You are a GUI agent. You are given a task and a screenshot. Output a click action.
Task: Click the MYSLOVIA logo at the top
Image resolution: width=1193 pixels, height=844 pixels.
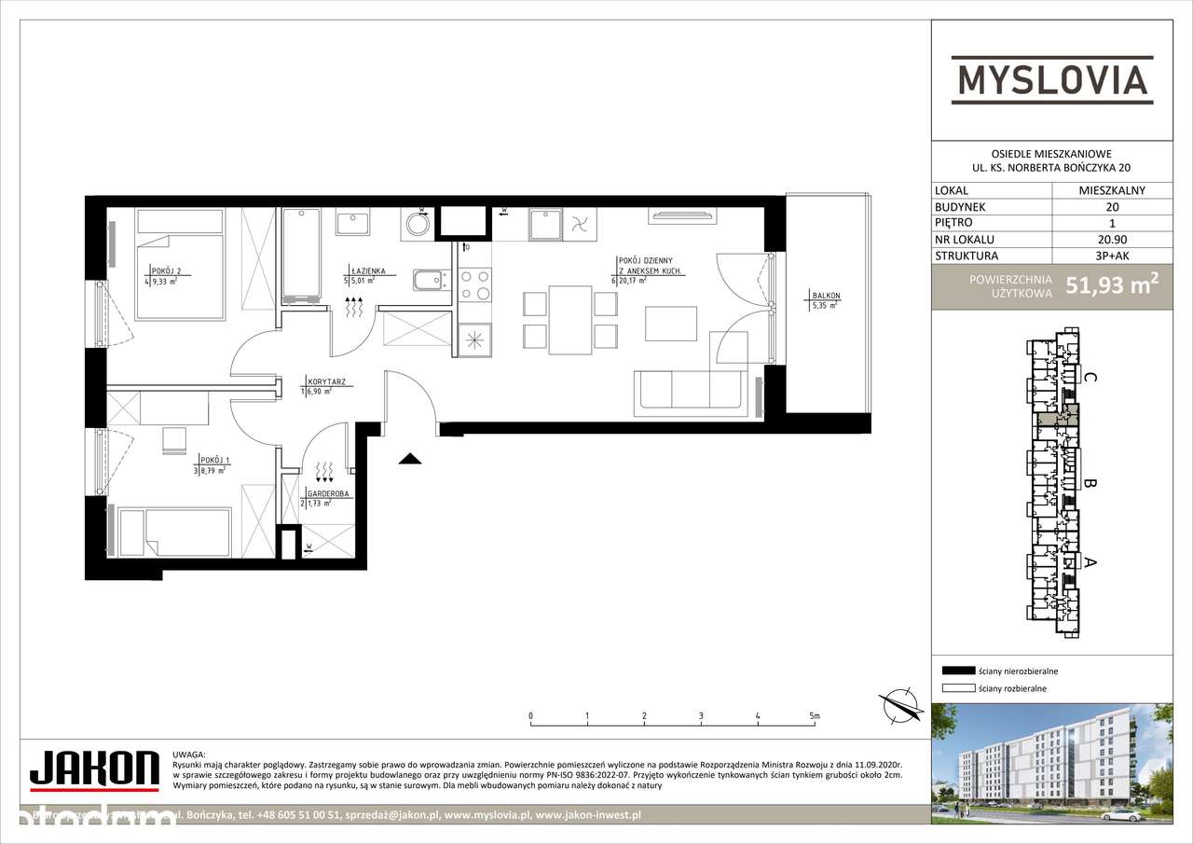(1050, 79)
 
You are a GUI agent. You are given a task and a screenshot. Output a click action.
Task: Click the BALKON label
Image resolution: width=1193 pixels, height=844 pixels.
(826, 297)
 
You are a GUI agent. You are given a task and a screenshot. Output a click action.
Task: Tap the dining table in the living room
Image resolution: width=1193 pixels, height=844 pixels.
(568, 320)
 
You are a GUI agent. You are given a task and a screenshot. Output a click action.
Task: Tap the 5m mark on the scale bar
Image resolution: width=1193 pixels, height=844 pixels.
(815, 716)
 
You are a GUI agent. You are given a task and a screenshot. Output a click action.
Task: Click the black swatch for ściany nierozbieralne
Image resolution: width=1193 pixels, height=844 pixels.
(957, 671)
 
